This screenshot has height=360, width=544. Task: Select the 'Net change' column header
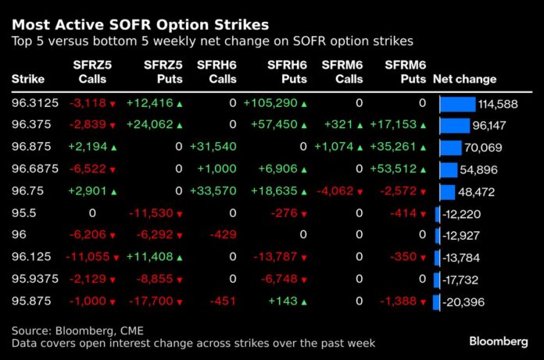pyautogui.click(x=464, y=79)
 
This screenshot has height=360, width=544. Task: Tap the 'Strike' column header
pyautogui.click(x=27, y=79)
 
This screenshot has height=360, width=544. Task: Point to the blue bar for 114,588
pyautogui.click(x=457, y=103)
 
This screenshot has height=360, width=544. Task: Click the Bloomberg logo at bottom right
pyautogui.click(x=499, y=341)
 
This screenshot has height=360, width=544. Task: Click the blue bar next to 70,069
pyautogui.click(x=450, y=148)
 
